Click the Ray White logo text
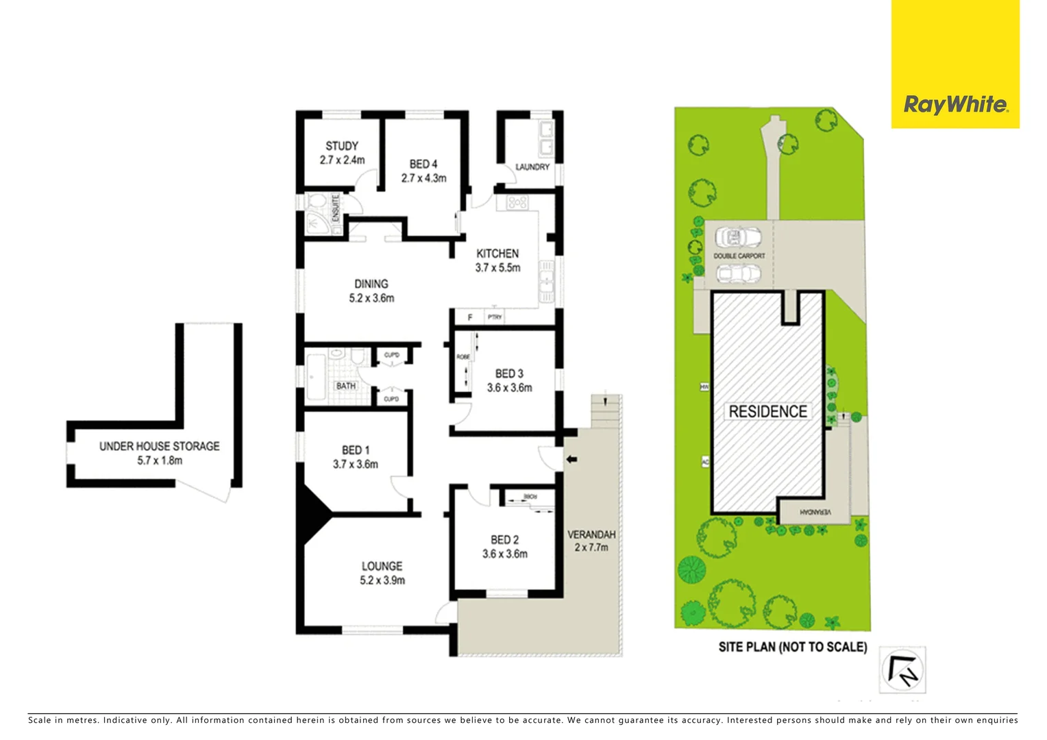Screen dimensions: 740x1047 pos(955,105)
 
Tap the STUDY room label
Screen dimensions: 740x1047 pos(342,146)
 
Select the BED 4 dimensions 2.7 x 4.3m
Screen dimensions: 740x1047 pos(423,178)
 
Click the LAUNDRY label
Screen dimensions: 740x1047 pos(532,167)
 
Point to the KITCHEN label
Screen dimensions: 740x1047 pos(497,254)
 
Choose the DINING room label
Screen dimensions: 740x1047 pos(371,284)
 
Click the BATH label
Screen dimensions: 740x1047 pos(346,386)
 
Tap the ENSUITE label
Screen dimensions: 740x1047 pos(336,208)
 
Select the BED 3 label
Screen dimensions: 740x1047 pos(509,373)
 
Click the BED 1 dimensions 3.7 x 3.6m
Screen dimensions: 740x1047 pos(355,465)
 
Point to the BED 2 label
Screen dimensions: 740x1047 pos(504,540)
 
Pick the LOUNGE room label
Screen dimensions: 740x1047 pos(382,566)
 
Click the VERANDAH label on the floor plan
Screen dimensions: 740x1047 pos(591,534)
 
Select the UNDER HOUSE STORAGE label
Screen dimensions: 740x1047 pos(159,446)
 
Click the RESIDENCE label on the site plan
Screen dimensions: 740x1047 pos(767,412)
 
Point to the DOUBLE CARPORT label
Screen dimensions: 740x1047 pos(739,256)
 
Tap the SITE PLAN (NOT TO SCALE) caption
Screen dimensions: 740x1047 pos(792,647)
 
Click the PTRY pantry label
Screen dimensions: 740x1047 pos(495,317)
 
